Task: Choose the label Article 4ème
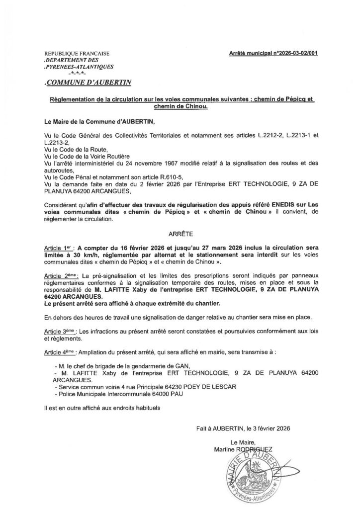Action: tap(60, 351)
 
